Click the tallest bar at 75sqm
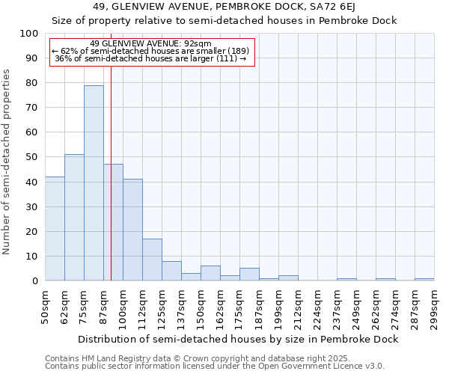tap(94, 183)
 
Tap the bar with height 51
tap(74, 218)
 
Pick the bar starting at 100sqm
tap(132, 230)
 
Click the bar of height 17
tap(152, 260)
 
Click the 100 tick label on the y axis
tap(29, 34)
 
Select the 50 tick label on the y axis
tap(32, 157)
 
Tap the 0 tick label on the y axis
tap(34, 280)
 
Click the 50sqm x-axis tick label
tap(46, 308)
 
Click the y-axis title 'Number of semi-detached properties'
tap(7, 162)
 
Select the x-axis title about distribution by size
tap(238, 339)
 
